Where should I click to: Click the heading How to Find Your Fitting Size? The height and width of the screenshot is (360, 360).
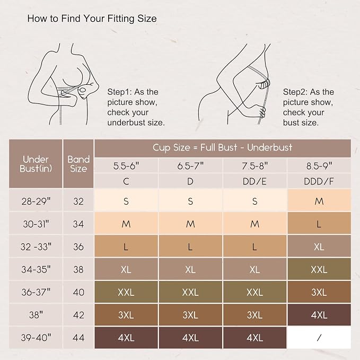tap(92, 19)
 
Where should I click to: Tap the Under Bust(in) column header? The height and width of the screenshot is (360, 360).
tap(36, 164)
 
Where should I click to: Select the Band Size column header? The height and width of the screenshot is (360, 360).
tap(78, 164)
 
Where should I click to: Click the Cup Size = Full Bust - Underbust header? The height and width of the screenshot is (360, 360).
tap(223, 148)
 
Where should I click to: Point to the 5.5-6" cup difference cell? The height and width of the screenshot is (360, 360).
tap(126, 166)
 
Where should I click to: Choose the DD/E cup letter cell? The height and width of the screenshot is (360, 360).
tap(254, 181)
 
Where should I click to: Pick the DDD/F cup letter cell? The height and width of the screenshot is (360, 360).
tap(319, 181)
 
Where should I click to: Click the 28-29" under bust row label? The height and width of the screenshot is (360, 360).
tap(36, 201)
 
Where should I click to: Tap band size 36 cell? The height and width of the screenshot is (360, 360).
tap(78, 247)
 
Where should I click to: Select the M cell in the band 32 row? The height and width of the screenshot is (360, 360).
tap(319, 201)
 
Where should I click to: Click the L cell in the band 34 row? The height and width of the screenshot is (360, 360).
tap(319, 224)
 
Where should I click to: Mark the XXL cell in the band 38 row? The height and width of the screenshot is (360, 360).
tap(319, 269)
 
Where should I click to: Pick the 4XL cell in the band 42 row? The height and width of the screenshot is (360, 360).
tap(319, 315)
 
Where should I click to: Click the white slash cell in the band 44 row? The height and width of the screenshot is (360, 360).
tap(319, 338)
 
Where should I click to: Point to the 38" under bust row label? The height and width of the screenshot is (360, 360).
tap(36, 315)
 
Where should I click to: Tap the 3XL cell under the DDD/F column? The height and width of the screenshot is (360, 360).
tap(319, 292)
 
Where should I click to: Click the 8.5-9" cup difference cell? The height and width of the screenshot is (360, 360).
tap(319, 166)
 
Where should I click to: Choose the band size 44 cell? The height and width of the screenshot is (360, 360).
tap(78, 338)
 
